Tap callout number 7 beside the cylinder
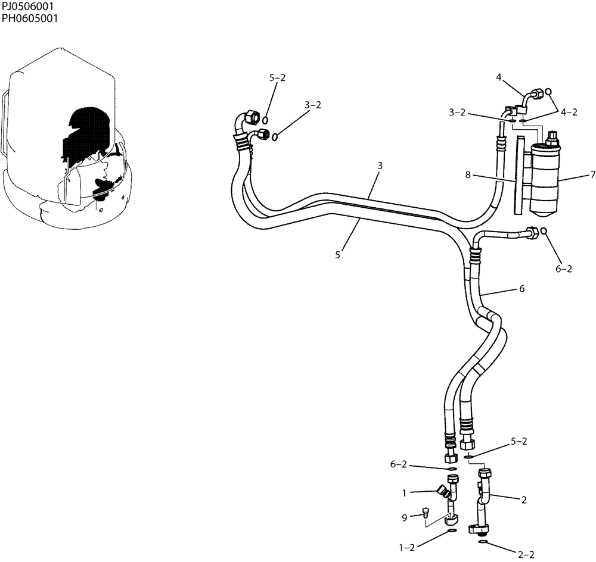(x=592, y=175)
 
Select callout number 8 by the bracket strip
(x=468, y=175)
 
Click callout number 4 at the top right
(x=498, y=76)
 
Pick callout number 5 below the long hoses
(x=337, y=254)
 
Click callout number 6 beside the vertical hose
(x=521, y=288)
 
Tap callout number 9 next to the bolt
(x=404, y=518)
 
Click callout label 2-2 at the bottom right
(x=525, y=555)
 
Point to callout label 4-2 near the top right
(x=569, y=111)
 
